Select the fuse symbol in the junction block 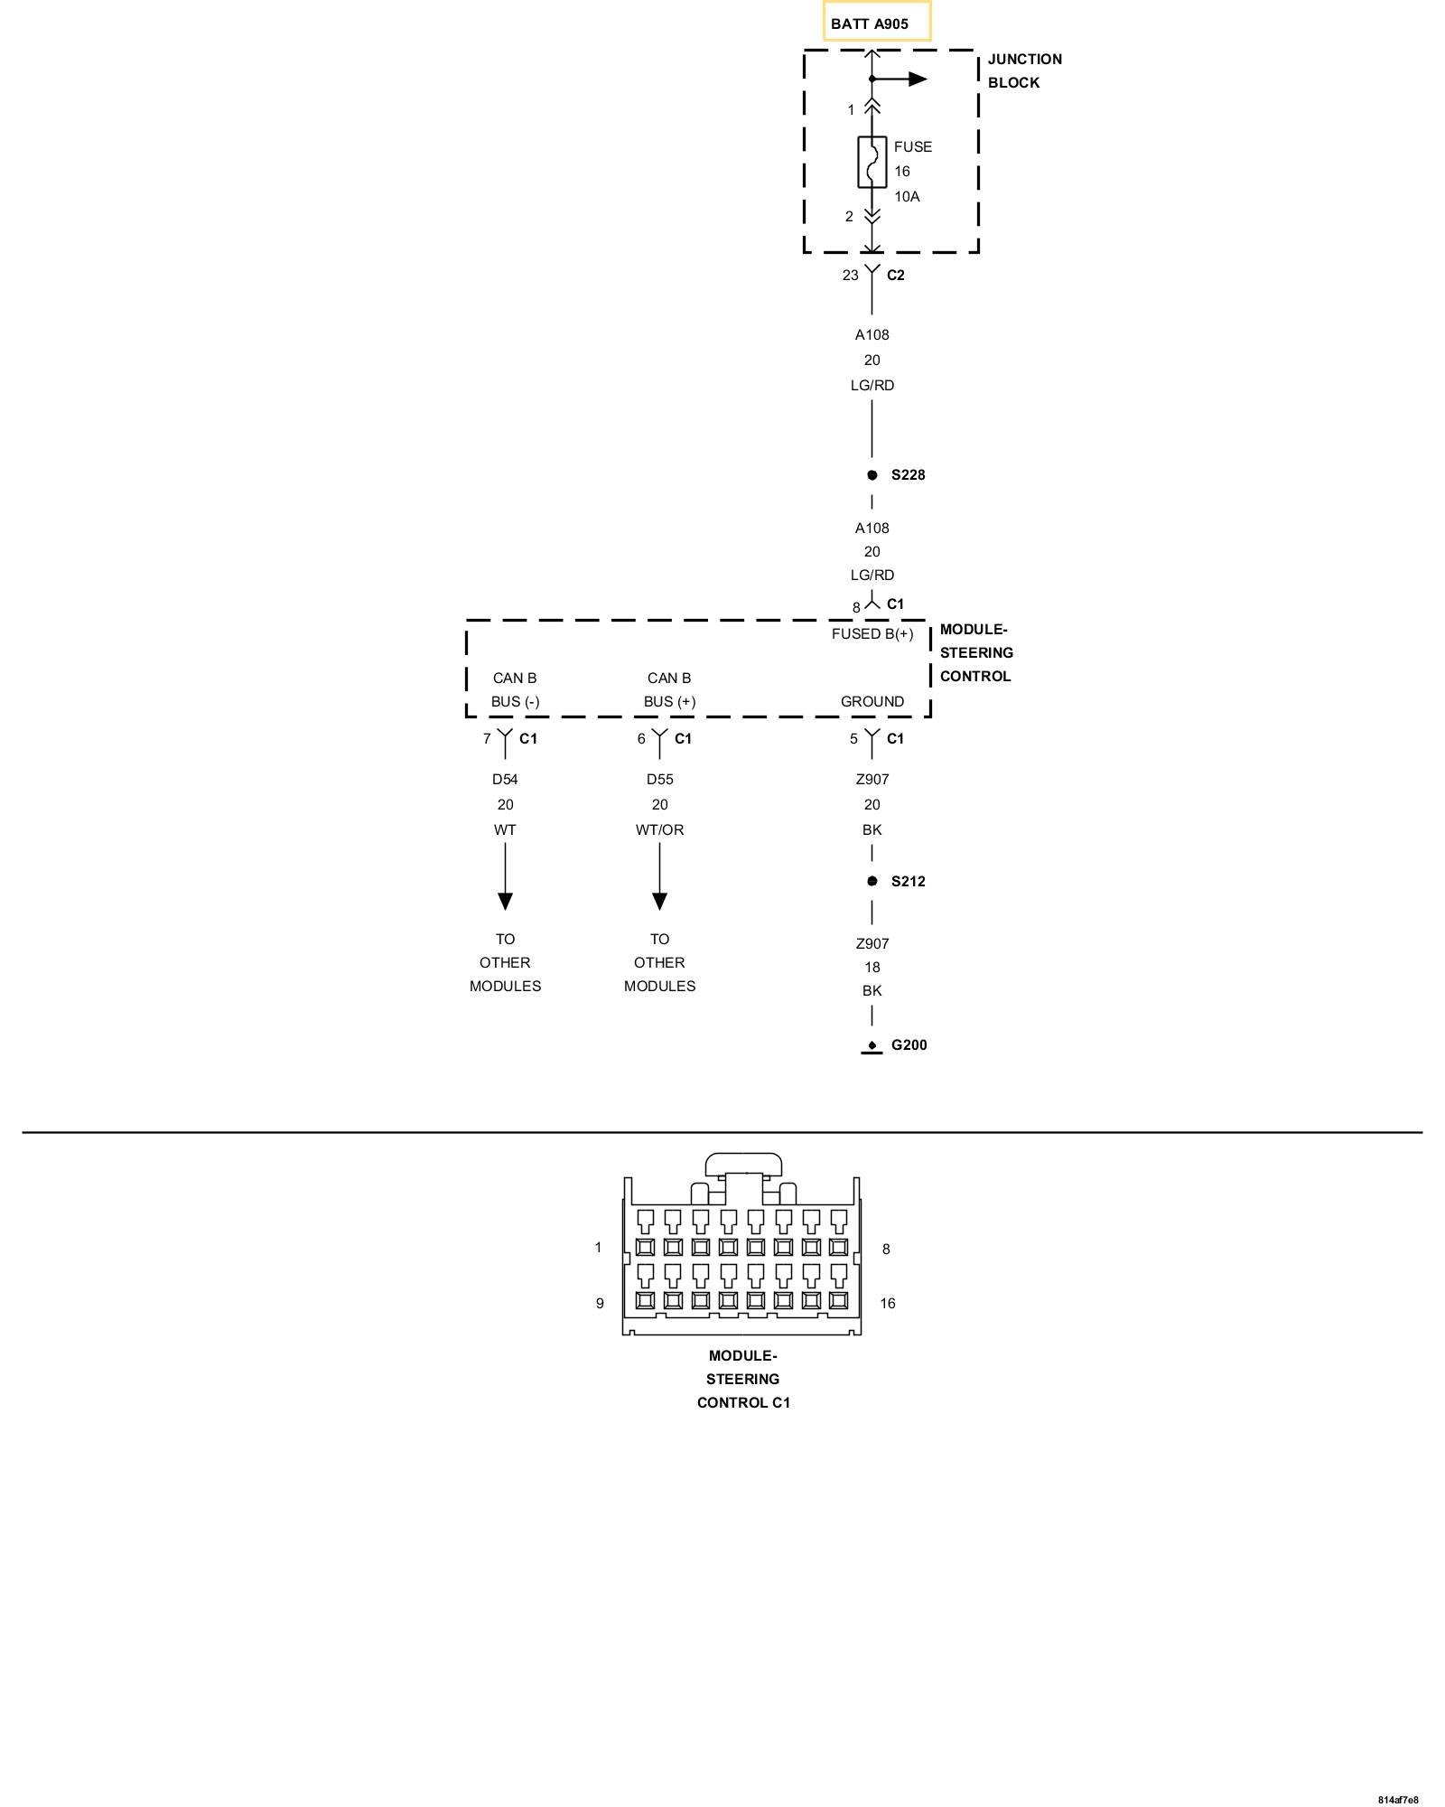click(872, 163)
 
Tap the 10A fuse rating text click(907, 197)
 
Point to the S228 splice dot click(872, 475)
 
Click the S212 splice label click(908, 882)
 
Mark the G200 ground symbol click(872, 1047)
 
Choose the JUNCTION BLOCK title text click(1024, 70)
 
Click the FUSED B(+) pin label click(872, 634)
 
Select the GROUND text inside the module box click(872, 702)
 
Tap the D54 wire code click(505, 780)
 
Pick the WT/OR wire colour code click(659, 830)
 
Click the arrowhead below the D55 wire click(659, 901)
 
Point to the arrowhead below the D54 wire click(505, 901)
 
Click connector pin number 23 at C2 click(850, 276)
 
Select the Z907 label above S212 click(872, 780)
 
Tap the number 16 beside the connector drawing click(888, 1303)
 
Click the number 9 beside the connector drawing click(600, 1303)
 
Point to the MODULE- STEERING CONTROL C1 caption click(743, 1379)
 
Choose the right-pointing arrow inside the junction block click(917, 80)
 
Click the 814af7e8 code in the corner click(1398, 1800)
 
